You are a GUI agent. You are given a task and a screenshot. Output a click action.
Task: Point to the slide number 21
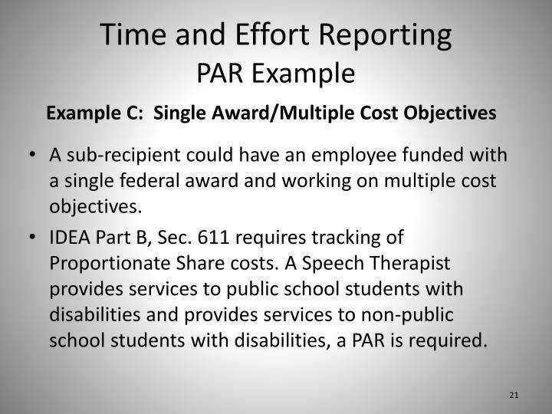click(x=513, y=395)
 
